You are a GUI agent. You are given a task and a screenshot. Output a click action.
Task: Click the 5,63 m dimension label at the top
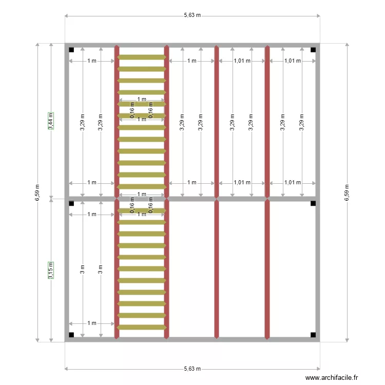pyautogui.click(x=192, y=15)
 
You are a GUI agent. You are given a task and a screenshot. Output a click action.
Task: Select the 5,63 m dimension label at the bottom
pyautogui.click(x=192, y=369)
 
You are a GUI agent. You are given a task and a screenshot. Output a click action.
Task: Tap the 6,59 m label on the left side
pyautogui.click(x=37, y=192)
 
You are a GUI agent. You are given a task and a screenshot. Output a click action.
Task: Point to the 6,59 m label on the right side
pyautogui.click(x=348, y=192)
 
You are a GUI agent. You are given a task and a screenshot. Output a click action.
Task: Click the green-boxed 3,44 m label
pyautogui.click(x=50, y=121)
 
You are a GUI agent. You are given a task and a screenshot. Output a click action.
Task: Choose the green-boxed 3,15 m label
pyautogui.click(x=50, y=271)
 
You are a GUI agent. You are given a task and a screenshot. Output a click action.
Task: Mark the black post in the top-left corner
pyautogui.click(x=71, y=50)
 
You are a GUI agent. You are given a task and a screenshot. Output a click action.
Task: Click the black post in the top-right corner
pyautogui.click(x=313, y=50)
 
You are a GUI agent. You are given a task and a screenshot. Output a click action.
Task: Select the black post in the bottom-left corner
pyautogui.click(x=71, y=335)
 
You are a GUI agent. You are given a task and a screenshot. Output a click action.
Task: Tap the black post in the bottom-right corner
pyautogui.click(x=313, y=335)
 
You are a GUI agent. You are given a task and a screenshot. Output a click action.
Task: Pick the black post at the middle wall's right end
pyautogui.click(x=313, y=203)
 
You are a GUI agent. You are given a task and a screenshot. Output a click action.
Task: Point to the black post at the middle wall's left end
pyautogui.click(x=71, y=203)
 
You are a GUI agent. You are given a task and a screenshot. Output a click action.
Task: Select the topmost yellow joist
pyautogui.click(x=142, y=57)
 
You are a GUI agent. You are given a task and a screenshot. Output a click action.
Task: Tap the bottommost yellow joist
pyautogui.click(x=142, y=327)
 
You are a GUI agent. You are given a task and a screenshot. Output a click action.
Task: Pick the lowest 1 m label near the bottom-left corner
pyautogui.click(x=92, y=323)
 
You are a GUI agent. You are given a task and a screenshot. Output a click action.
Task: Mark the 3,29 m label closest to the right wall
pyautogui.click(x=302, y=122)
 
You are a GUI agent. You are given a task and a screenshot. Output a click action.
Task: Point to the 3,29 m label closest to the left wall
pyautogui.click(x=83, y=122)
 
